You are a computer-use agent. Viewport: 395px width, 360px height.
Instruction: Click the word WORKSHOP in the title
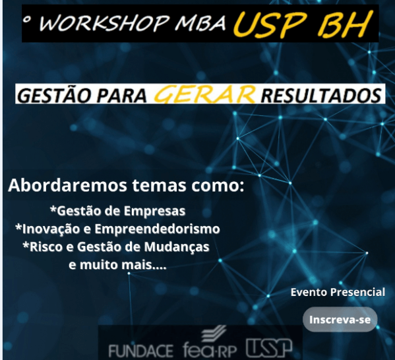104,23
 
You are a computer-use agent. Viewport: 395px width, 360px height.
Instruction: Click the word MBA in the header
200,23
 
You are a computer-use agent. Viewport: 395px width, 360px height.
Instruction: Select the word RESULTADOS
320,95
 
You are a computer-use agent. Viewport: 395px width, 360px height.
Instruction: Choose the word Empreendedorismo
157,229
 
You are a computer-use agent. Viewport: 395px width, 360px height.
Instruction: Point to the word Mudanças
177,247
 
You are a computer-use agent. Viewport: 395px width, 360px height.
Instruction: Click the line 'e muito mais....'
117,265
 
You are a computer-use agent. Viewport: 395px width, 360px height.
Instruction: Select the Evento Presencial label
338,293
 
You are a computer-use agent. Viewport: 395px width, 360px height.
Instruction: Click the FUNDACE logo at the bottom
141,350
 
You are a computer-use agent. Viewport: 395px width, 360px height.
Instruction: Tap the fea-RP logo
210,342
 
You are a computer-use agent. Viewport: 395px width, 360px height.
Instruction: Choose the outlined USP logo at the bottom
269,348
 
